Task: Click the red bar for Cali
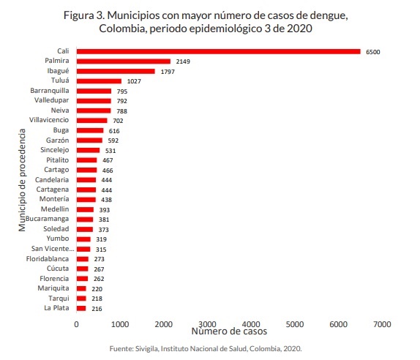pos(219,51)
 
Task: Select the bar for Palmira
pos(124,61)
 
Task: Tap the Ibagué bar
pos(116,71)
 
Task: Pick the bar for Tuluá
pos(99,81)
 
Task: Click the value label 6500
pos(373,52)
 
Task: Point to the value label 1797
pos(168,72)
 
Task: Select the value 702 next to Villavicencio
pos(118,121)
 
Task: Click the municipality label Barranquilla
pos(50,91)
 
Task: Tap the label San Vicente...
pos(53,249)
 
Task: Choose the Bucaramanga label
pos(47,219)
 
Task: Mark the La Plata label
pos(56,308)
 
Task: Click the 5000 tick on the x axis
pos(295,324)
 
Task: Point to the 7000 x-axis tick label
pos(382,324)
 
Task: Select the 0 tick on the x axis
pos(76,324)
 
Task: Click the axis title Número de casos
pos(229,331)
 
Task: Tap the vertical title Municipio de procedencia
pos(22,180)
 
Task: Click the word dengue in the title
pos(329,15)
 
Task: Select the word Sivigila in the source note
pos(147,349)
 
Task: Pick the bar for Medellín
pos(85,209)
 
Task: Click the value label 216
pos(97,309)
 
